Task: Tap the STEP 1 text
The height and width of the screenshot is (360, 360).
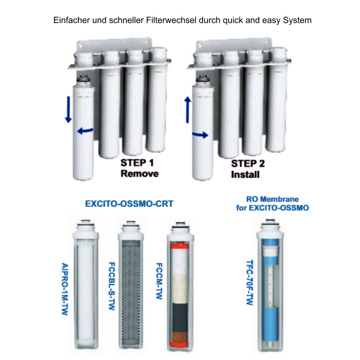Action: pos(137,163)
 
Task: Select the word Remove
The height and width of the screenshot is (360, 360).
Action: pos(140,174)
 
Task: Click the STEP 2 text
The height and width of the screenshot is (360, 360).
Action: pos(248,164)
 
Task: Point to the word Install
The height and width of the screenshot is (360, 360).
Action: pos(245,175)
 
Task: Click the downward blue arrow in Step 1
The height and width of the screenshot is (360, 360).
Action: pos(68,109)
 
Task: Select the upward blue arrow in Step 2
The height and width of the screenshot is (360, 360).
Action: pos(188,110)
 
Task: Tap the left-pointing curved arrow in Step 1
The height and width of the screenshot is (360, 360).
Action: pos(85,131)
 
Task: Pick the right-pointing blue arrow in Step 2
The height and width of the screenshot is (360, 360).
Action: pos(200,135)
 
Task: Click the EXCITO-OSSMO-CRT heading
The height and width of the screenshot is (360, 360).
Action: pos(129,204)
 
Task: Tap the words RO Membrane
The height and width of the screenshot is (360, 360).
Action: pos(273,199)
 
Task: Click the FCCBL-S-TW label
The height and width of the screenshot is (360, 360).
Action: pos(112,286)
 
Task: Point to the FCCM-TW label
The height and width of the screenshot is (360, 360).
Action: pos(159,281)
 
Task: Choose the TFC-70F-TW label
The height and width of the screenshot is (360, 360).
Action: pos(250,282)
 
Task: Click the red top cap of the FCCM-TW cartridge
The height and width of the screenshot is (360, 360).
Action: pos(179,246)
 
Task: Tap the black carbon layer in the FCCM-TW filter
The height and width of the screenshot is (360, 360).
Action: pos(180,318)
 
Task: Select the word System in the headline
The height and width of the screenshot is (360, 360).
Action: pos(297,21)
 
